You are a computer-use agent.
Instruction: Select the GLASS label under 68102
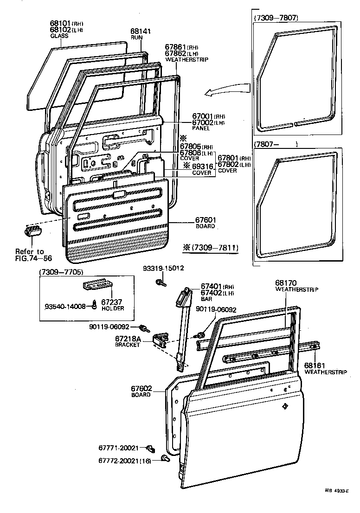coord(59,36)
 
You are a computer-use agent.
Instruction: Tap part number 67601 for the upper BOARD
coord(205,220)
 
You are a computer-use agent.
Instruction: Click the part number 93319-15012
coord(163,268)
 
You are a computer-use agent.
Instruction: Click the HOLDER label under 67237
coord(113,308)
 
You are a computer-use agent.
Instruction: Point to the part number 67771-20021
coord(119,448)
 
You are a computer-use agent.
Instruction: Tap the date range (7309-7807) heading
coord(276,18)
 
